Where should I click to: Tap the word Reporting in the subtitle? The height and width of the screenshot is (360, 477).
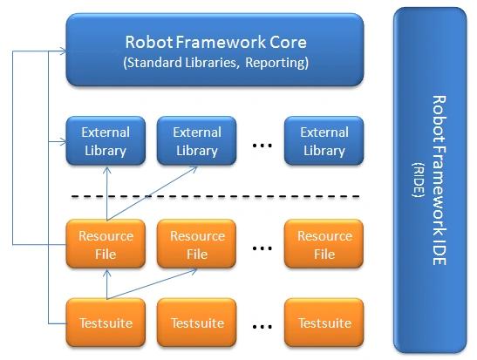[276, 63]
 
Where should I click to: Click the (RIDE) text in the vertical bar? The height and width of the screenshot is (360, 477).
[419, 180]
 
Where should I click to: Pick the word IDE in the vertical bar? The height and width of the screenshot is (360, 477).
[440, 251]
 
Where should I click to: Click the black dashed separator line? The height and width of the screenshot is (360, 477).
[215, 197]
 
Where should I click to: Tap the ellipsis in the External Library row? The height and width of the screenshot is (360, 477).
[262, 146]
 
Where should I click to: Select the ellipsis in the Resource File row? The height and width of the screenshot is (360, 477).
[262, 248]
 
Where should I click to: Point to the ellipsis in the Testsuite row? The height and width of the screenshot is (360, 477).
[262, 327]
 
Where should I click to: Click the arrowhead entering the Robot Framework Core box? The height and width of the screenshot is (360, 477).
[63, 51]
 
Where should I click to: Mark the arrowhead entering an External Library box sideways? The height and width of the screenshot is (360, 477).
[63, 141]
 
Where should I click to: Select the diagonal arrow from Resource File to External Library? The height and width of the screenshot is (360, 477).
[152, 193]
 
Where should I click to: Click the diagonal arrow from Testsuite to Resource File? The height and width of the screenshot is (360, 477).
[152, 284]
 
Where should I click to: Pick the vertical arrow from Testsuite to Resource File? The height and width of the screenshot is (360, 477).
[106, 284]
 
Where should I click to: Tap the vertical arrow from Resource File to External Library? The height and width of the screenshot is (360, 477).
[106, 193]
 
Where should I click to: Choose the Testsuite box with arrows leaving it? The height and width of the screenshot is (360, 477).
[106, 323]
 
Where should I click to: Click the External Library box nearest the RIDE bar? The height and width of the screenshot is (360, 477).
[324, 141]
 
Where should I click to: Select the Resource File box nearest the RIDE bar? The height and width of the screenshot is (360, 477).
[324, 244]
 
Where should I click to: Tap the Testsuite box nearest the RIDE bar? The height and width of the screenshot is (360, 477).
[324, 323]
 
